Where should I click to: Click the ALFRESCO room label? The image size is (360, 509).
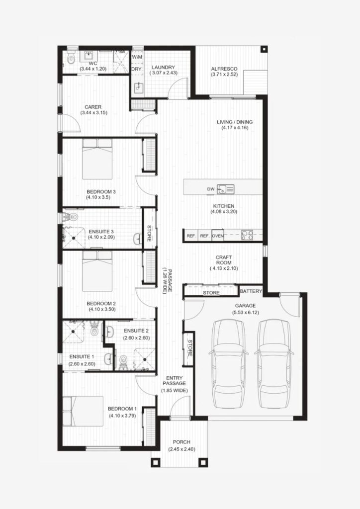(224, 69)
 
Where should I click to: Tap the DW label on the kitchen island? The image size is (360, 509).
(211, 189)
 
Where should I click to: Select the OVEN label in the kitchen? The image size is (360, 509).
(217, 236)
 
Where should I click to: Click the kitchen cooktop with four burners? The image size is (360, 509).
(247, 235)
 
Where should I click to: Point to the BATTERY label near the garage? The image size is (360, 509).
(251, 291)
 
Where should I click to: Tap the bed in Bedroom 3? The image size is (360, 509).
(97, 159)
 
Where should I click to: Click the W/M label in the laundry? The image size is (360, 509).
(137, 57)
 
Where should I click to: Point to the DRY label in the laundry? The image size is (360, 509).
(136, 69)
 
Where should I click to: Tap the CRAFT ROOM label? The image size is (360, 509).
(224, 260)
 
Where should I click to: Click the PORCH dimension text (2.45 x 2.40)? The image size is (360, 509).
(181, 449)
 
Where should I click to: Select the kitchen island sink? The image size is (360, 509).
(225, 189)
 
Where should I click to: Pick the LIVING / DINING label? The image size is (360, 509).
(235, 122)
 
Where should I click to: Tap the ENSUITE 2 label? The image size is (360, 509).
(136, 331)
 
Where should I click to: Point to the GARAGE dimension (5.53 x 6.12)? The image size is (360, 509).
(246, 313)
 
